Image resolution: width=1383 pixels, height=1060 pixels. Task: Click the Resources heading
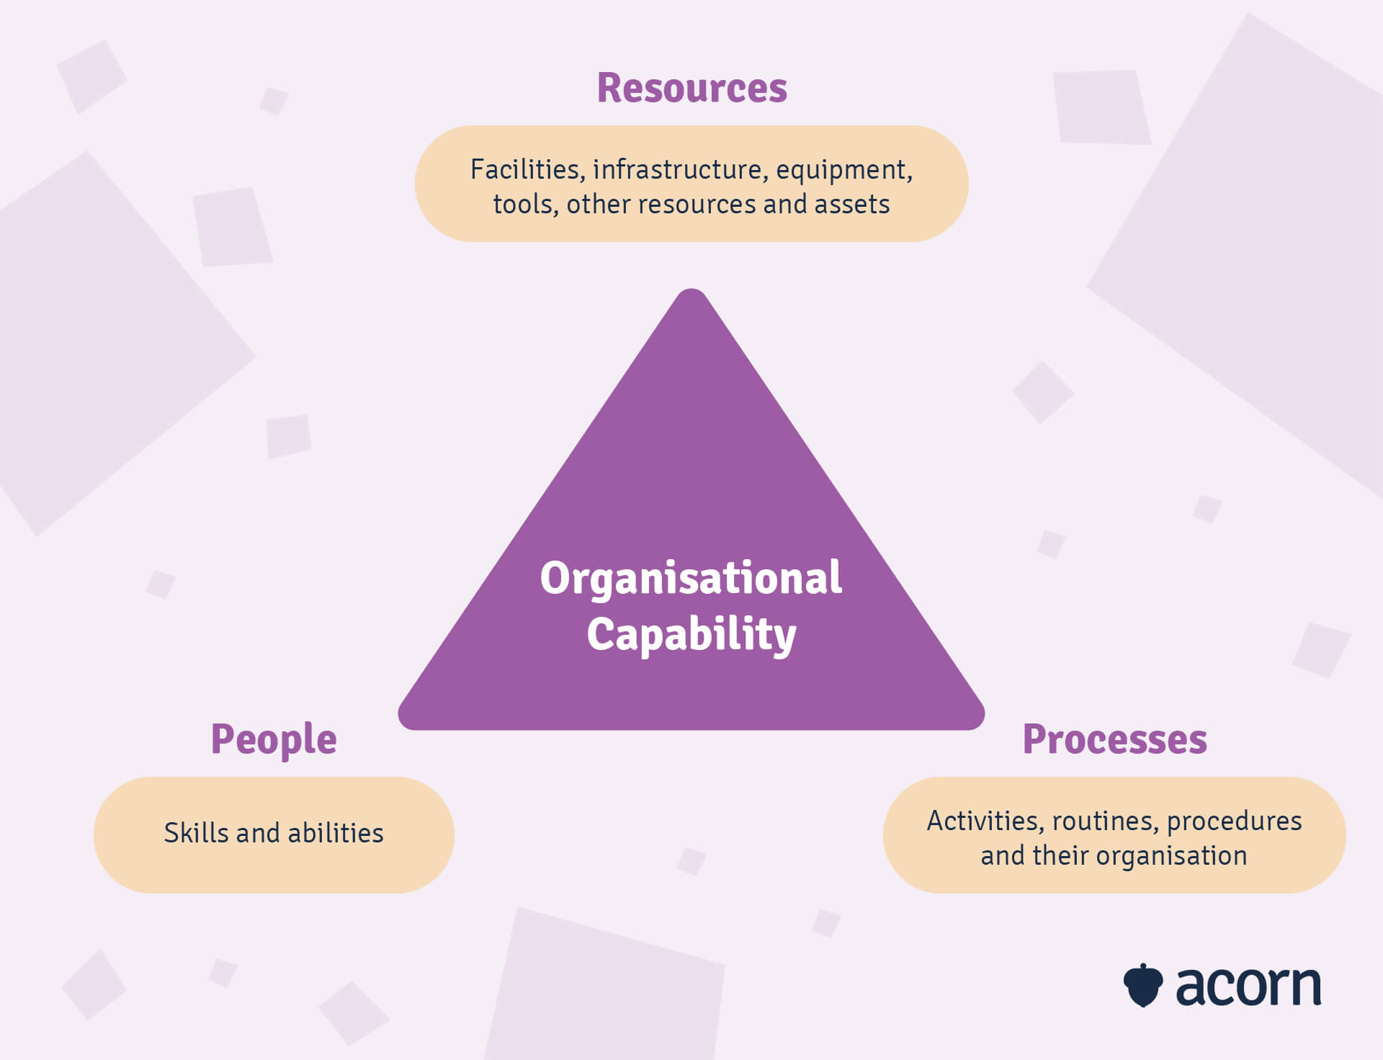pos(691,88)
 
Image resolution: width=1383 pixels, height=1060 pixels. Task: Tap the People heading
pos(274,739)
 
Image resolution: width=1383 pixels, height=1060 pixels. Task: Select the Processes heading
pos(1114,739)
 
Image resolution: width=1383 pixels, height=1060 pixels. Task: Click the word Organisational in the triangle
pos(691,578)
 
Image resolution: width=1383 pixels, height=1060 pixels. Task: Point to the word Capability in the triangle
pos(691,634)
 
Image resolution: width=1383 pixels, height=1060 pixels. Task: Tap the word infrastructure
pos(677,169)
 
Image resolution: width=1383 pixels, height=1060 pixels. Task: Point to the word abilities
pos(335,833)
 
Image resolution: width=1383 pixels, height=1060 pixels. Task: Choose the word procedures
pos(1234,821)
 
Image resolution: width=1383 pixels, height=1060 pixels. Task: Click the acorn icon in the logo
pos(1143,984)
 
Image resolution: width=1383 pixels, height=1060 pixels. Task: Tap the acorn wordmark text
pos(1248,986)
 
